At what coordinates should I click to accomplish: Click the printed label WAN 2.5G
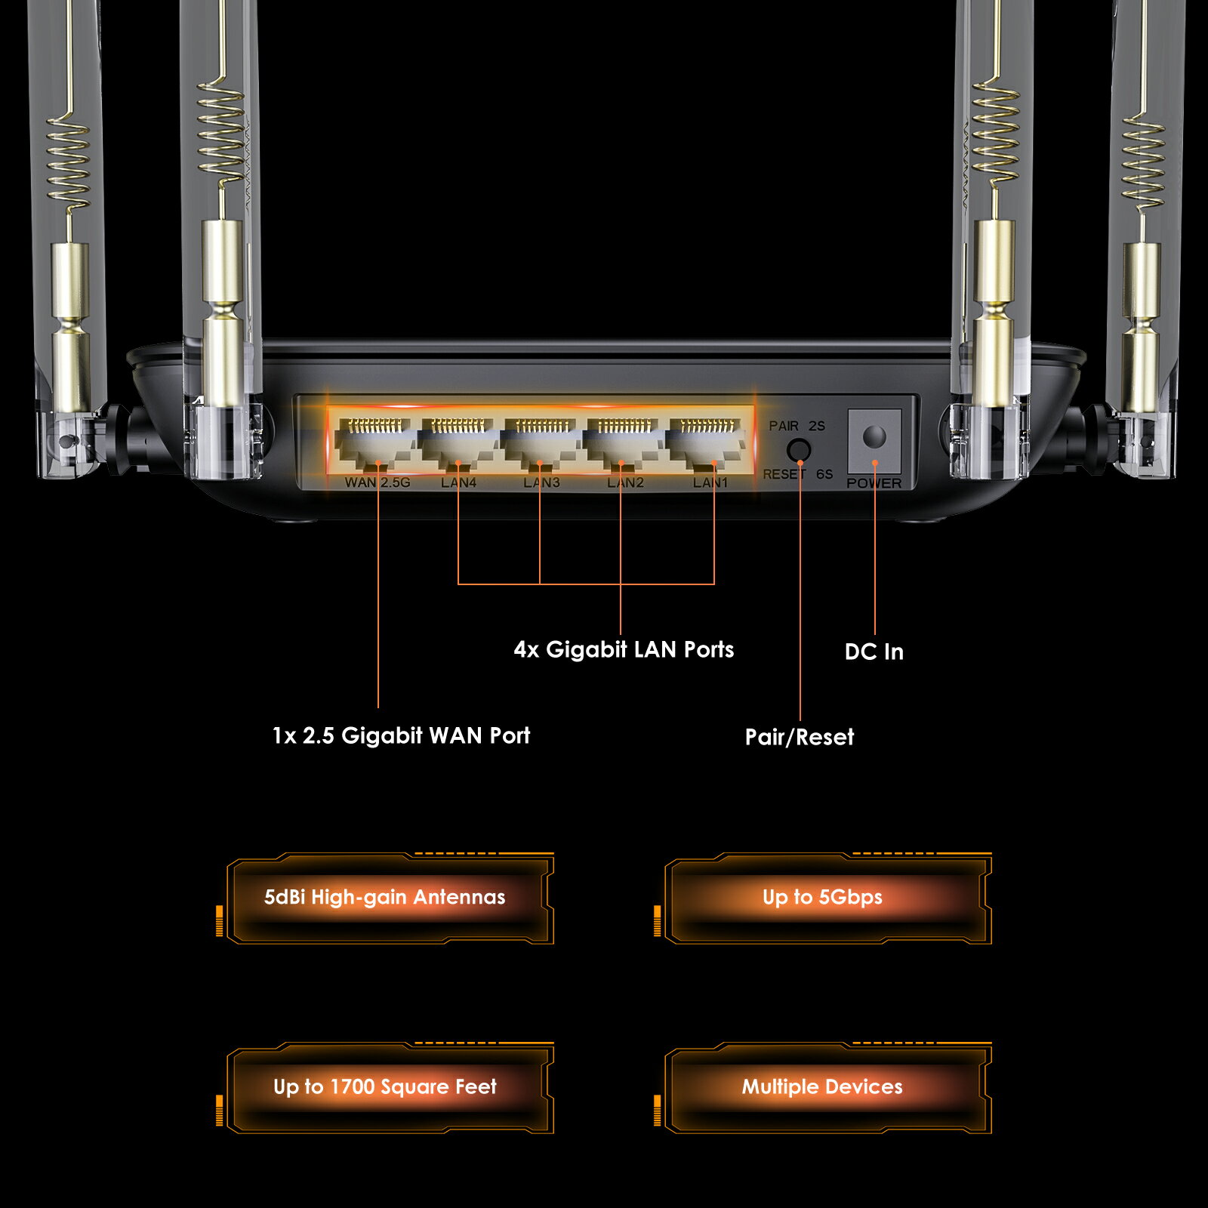coord(377,482)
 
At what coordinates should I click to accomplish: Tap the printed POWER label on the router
coord(874,483)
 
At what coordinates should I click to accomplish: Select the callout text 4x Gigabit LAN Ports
coord(624,650)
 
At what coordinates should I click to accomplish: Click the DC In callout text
coord(874,652)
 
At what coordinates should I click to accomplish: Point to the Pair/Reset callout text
coord(800,737)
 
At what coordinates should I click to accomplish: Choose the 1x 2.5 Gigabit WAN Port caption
coord(401,735)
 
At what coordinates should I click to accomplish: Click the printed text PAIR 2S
coord(797,426)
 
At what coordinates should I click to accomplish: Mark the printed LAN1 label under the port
coord(710,482)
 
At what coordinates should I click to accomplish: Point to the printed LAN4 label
coord(459,482)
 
